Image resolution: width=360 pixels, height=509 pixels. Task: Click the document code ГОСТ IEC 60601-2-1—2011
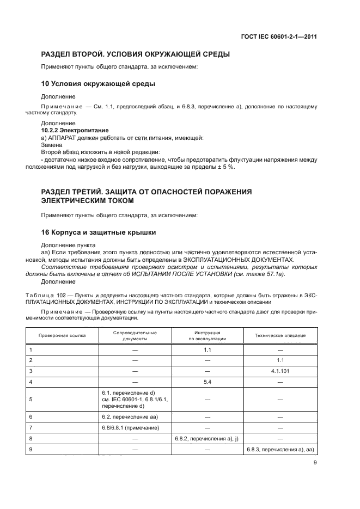pos(279,37)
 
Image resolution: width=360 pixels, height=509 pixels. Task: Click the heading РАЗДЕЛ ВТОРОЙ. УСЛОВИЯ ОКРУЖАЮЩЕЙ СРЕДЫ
pos(136,54)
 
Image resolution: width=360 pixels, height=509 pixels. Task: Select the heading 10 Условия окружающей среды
pos(99,84)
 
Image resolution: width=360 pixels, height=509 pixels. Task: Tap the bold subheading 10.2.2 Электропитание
pos(75,131)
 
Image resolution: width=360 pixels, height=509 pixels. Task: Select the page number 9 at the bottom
pos(315,463)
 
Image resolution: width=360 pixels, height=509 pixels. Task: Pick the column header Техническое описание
pos(280,335)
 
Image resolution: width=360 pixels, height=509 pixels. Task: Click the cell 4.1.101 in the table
pos(280,371)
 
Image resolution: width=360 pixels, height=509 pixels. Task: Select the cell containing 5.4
pos(207,382)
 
